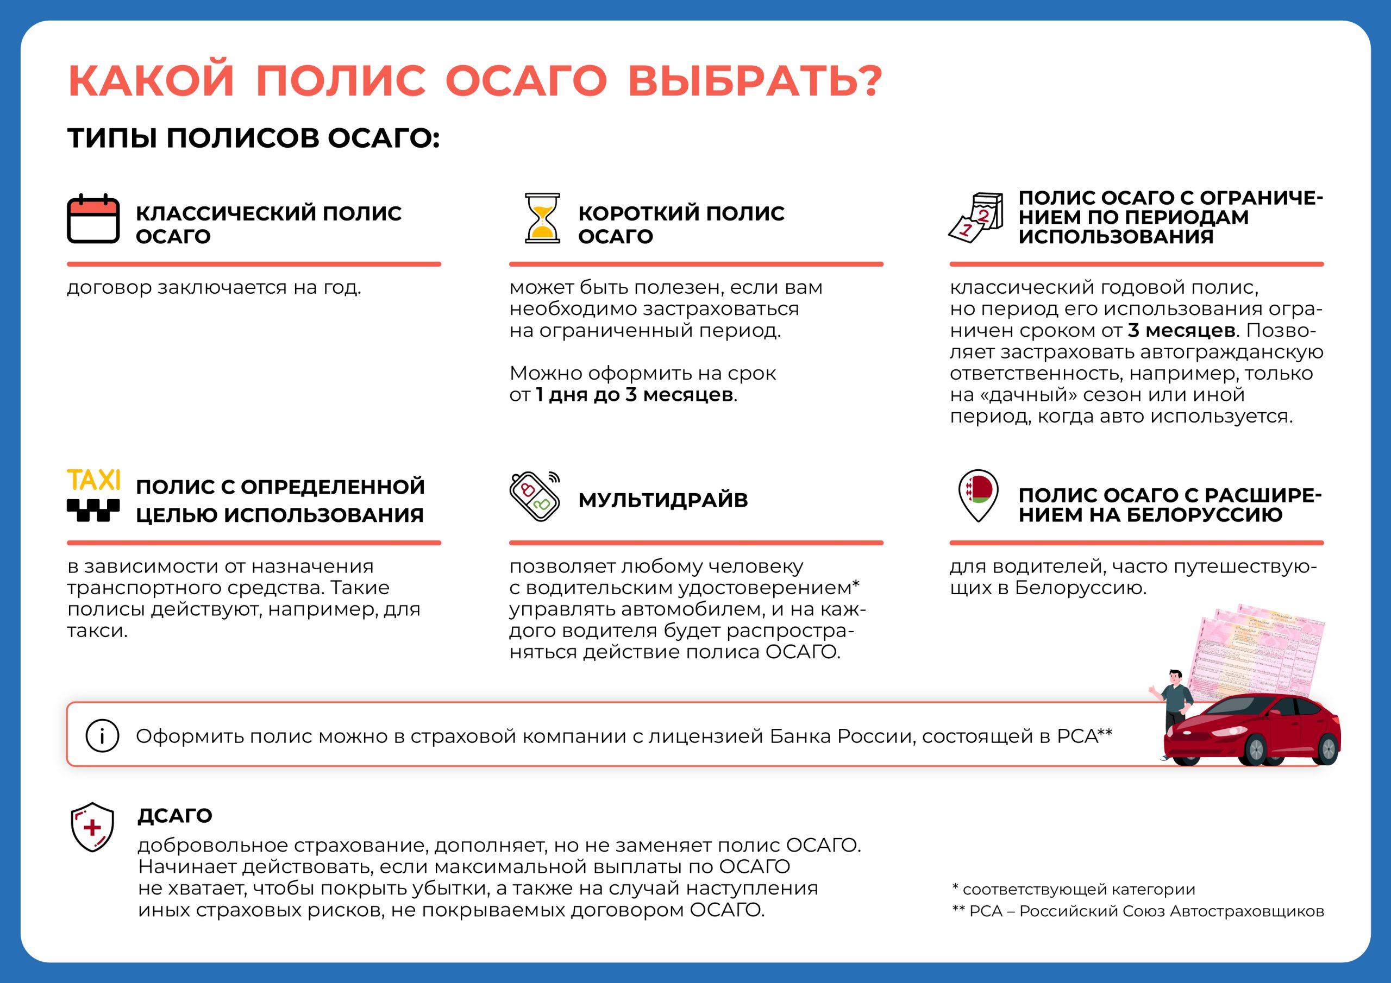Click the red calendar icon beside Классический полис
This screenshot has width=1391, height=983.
93,219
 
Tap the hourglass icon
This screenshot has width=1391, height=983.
542,218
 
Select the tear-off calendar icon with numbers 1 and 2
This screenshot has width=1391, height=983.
976,217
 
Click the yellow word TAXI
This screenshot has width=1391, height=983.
93,480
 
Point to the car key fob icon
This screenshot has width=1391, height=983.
533,496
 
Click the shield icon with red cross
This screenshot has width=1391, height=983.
92,827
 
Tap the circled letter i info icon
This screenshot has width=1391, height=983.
102,736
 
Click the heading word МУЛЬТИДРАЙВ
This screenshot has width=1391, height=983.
663,500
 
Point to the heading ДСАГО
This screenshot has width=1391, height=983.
174,816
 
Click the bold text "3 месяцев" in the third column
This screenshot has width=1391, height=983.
1181,331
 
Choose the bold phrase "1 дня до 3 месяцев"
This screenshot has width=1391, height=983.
634,395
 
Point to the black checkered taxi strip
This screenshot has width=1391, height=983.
93,510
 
